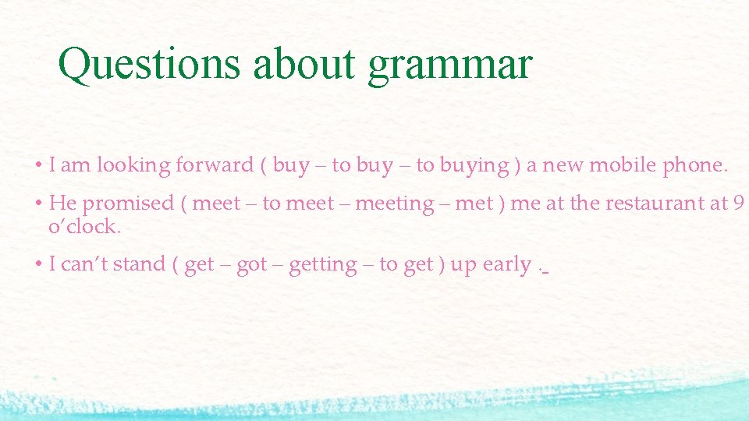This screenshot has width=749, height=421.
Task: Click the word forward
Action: (215, 165)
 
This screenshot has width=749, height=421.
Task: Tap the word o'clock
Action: (85, 227)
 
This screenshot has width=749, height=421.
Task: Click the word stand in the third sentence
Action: (144, 265)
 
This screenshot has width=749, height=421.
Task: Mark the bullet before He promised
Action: (38, 204)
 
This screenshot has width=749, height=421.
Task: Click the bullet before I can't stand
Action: (38, 265)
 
